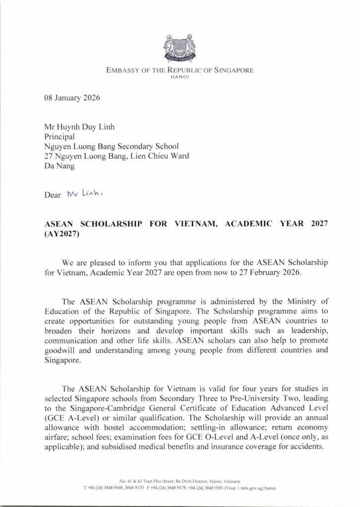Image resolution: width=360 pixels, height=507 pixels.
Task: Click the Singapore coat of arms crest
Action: point(180,49)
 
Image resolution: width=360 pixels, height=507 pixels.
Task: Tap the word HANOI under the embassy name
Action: point(180,78)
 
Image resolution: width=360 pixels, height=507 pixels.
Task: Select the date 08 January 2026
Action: point(72,98)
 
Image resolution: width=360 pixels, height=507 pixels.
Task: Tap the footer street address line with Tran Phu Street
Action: point(180,481)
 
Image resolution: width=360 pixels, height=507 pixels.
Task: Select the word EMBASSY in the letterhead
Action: point(122,71)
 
